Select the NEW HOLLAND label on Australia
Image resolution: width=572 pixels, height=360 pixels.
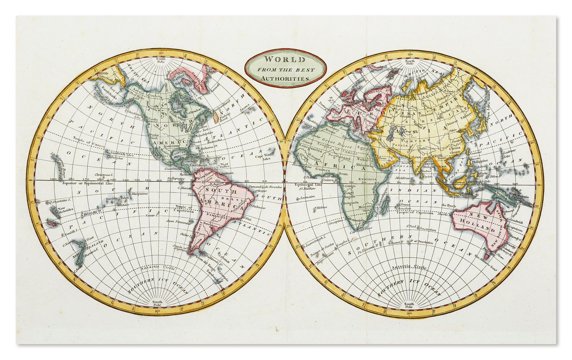pyautogui.click(x=476, y=225)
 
